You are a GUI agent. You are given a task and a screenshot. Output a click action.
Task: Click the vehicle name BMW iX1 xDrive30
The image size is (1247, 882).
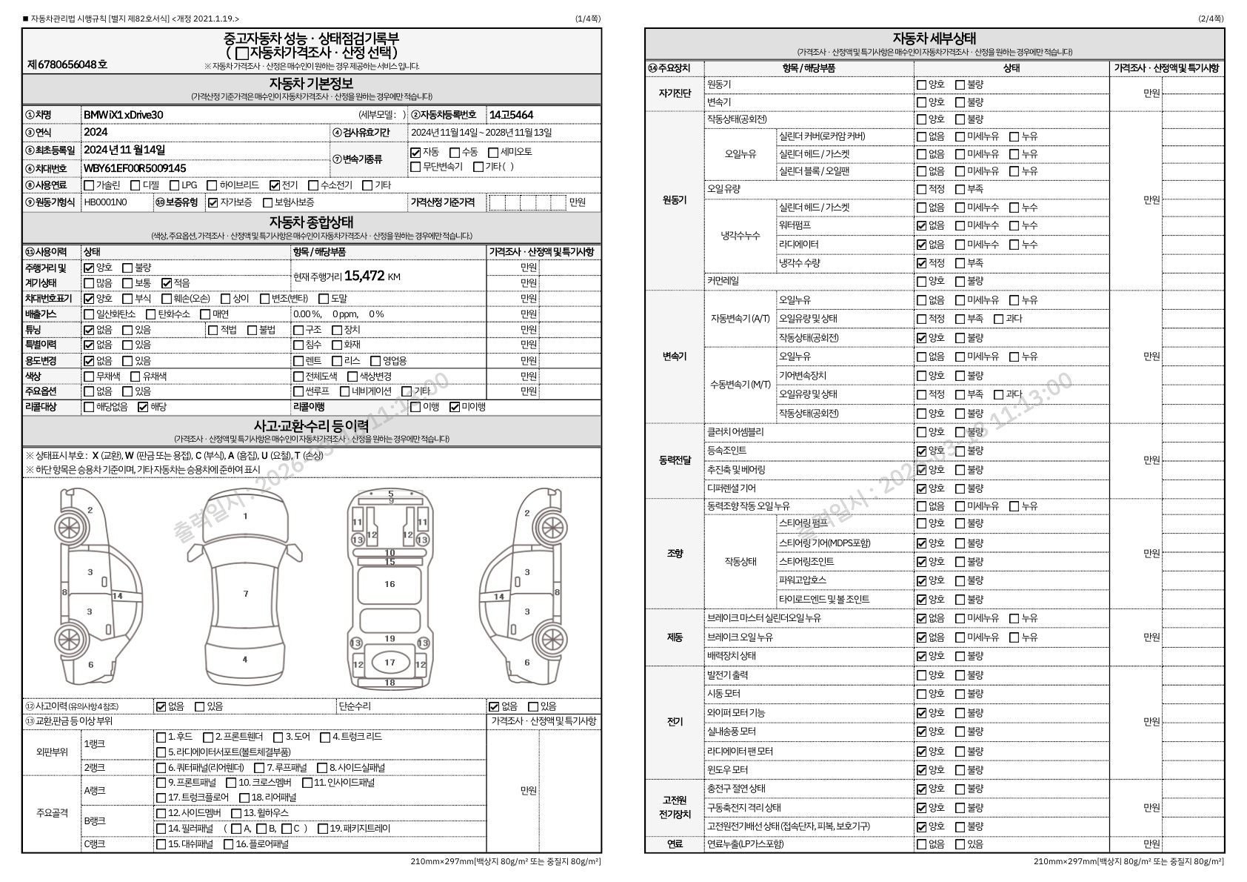[x=123, y=115]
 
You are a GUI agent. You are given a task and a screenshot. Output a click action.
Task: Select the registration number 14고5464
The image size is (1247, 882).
[x=510, y=115]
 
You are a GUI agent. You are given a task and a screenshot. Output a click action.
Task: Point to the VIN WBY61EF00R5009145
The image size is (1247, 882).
[x=134, y=168]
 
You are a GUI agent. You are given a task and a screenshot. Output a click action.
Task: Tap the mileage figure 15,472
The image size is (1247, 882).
[x=364, y=276]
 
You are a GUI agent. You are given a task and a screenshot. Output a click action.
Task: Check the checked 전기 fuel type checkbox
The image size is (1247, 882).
[x=275, y=185]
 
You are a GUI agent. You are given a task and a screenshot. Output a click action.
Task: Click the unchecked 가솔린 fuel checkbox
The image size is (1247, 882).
[x=89, y=185]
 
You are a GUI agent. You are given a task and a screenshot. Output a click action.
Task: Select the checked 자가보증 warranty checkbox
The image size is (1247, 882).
[x=213, y=202]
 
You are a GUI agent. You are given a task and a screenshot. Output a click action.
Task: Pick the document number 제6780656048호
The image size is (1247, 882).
[x=67, y=64]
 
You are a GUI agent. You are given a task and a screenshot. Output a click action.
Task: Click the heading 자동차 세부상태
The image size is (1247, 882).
[x=934, y=39]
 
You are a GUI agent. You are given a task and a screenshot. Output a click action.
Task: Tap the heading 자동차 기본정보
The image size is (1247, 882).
[x=311, y=83]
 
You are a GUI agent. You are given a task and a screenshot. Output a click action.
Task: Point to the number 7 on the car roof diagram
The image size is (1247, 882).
[x=246, y=594]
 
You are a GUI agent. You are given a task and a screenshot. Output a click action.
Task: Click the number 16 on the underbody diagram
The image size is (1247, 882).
[x=390, y=584]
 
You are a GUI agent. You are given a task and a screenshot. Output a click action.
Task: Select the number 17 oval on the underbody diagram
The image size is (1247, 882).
[x=390, y=663]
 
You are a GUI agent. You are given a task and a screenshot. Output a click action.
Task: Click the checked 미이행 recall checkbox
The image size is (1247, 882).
[x=455, y=407]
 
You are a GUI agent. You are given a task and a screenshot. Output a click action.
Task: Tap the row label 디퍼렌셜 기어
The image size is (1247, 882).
[x=732, y=488]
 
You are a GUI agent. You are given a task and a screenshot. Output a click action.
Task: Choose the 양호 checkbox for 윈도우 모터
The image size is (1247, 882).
[x=922, y=770]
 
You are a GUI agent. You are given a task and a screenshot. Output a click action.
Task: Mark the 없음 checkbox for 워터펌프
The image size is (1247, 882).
[x=922, y=225]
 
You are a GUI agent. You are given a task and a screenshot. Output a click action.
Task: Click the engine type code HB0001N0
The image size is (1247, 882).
[x=105, y=202]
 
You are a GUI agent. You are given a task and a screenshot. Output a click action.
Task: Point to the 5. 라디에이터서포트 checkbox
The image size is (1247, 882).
[x=161, y=752]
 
